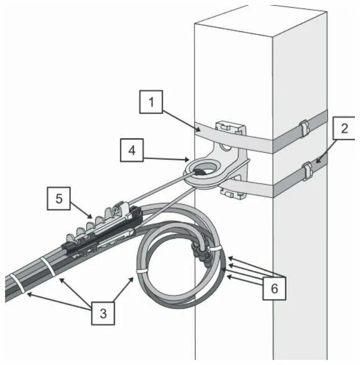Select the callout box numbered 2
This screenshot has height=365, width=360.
344,129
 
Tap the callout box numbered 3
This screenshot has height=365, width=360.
103,313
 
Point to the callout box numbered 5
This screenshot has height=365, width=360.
60,199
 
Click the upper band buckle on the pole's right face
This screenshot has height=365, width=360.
304,128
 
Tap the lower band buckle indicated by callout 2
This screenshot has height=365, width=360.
306,171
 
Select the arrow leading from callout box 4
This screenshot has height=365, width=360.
169,159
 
